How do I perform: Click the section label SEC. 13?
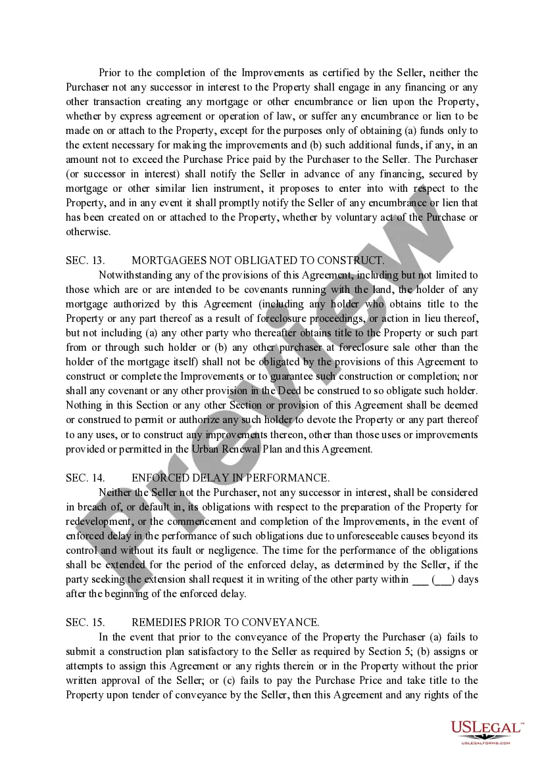coord(85,260)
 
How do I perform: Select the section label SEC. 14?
coord(85,478)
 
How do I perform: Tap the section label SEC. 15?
coord(85,622)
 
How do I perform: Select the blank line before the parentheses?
coord(420,579)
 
